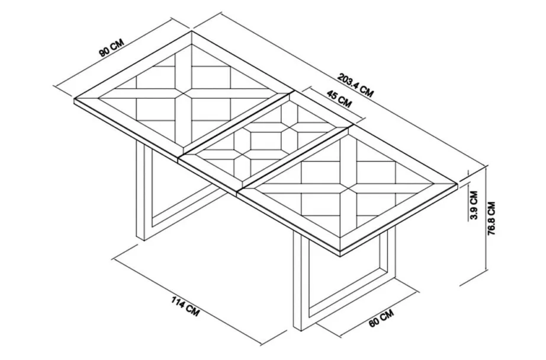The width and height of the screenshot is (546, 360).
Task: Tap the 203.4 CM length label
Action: [x=355, y=85]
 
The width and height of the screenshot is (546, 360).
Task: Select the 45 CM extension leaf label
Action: [x=339, y=98]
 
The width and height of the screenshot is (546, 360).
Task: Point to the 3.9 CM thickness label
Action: [x=473, y=205]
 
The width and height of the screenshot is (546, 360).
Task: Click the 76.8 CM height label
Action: [x=491, y=218]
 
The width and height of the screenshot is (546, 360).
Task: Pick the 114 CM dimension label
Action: [x=185, y=306]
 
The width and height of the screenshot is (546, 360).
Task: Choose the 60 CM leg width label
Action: [x=381, y=317]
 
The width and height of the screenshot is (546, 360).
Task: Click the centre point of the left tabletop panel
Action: [x=183, y=94]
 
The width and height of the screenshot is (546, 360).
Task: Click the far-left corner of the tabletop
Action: [x=74, y=99]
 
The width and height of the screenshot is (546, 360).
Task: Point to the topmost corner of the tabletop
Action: [x=191, y=32]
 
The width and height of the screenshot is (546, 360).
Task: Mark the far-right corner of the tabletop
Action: [x=458, y=182]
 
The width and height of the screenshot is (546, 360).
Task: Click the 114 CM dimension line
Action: [x=188, y=297]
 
